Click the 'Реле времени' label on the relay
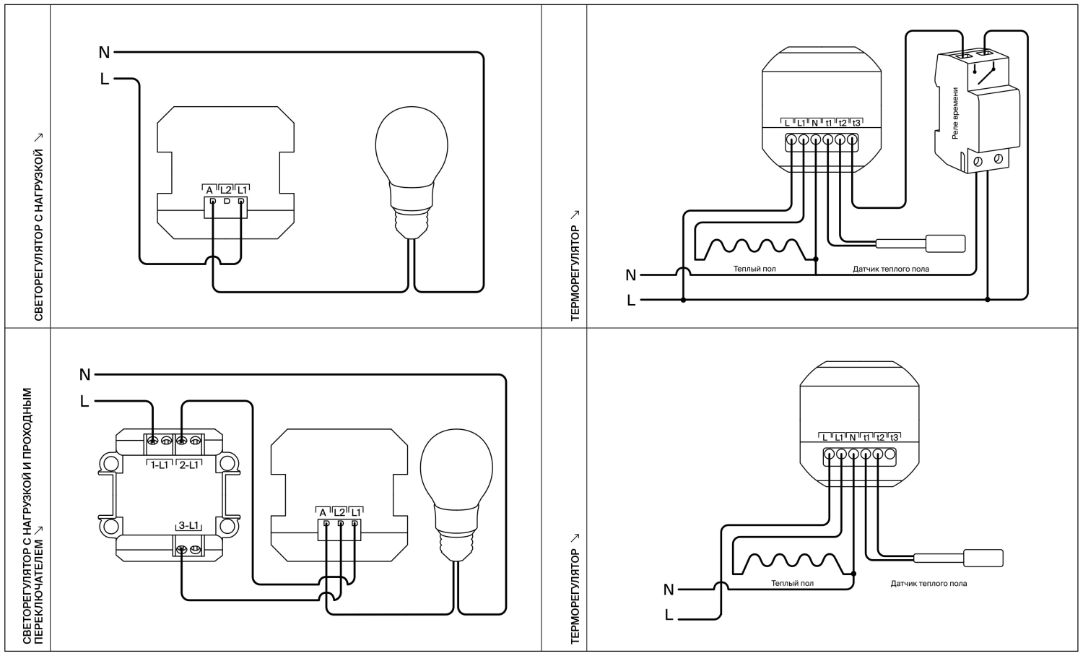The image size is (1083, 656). (955, 113)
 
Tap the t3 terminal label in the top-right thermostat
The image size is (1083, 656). (856, 124)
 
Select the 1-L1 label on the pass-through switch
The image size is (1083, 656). (160, 465)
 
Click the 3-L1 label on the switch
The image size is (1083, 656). (188, 525)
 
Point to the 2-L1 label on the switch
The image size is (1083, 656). (188, 465)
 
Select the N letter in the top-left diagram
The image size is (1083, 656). (104, 52)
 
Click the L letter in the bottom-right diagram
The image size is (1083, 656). (669, 615)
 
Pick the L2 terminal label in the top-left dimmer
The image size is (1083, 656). (226, 190)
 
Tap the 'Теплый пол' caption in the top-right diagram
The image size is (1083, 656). (754, 269)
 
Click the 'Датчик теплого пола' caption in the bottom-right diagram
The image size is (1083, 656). (928, 584)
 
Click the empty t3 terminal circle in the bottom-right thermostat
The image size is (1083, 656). (890, 454)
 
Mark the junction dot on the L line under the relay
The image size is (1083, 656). (987, 300)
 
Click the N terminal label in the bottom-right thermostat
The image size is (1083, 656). (853, 438)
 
